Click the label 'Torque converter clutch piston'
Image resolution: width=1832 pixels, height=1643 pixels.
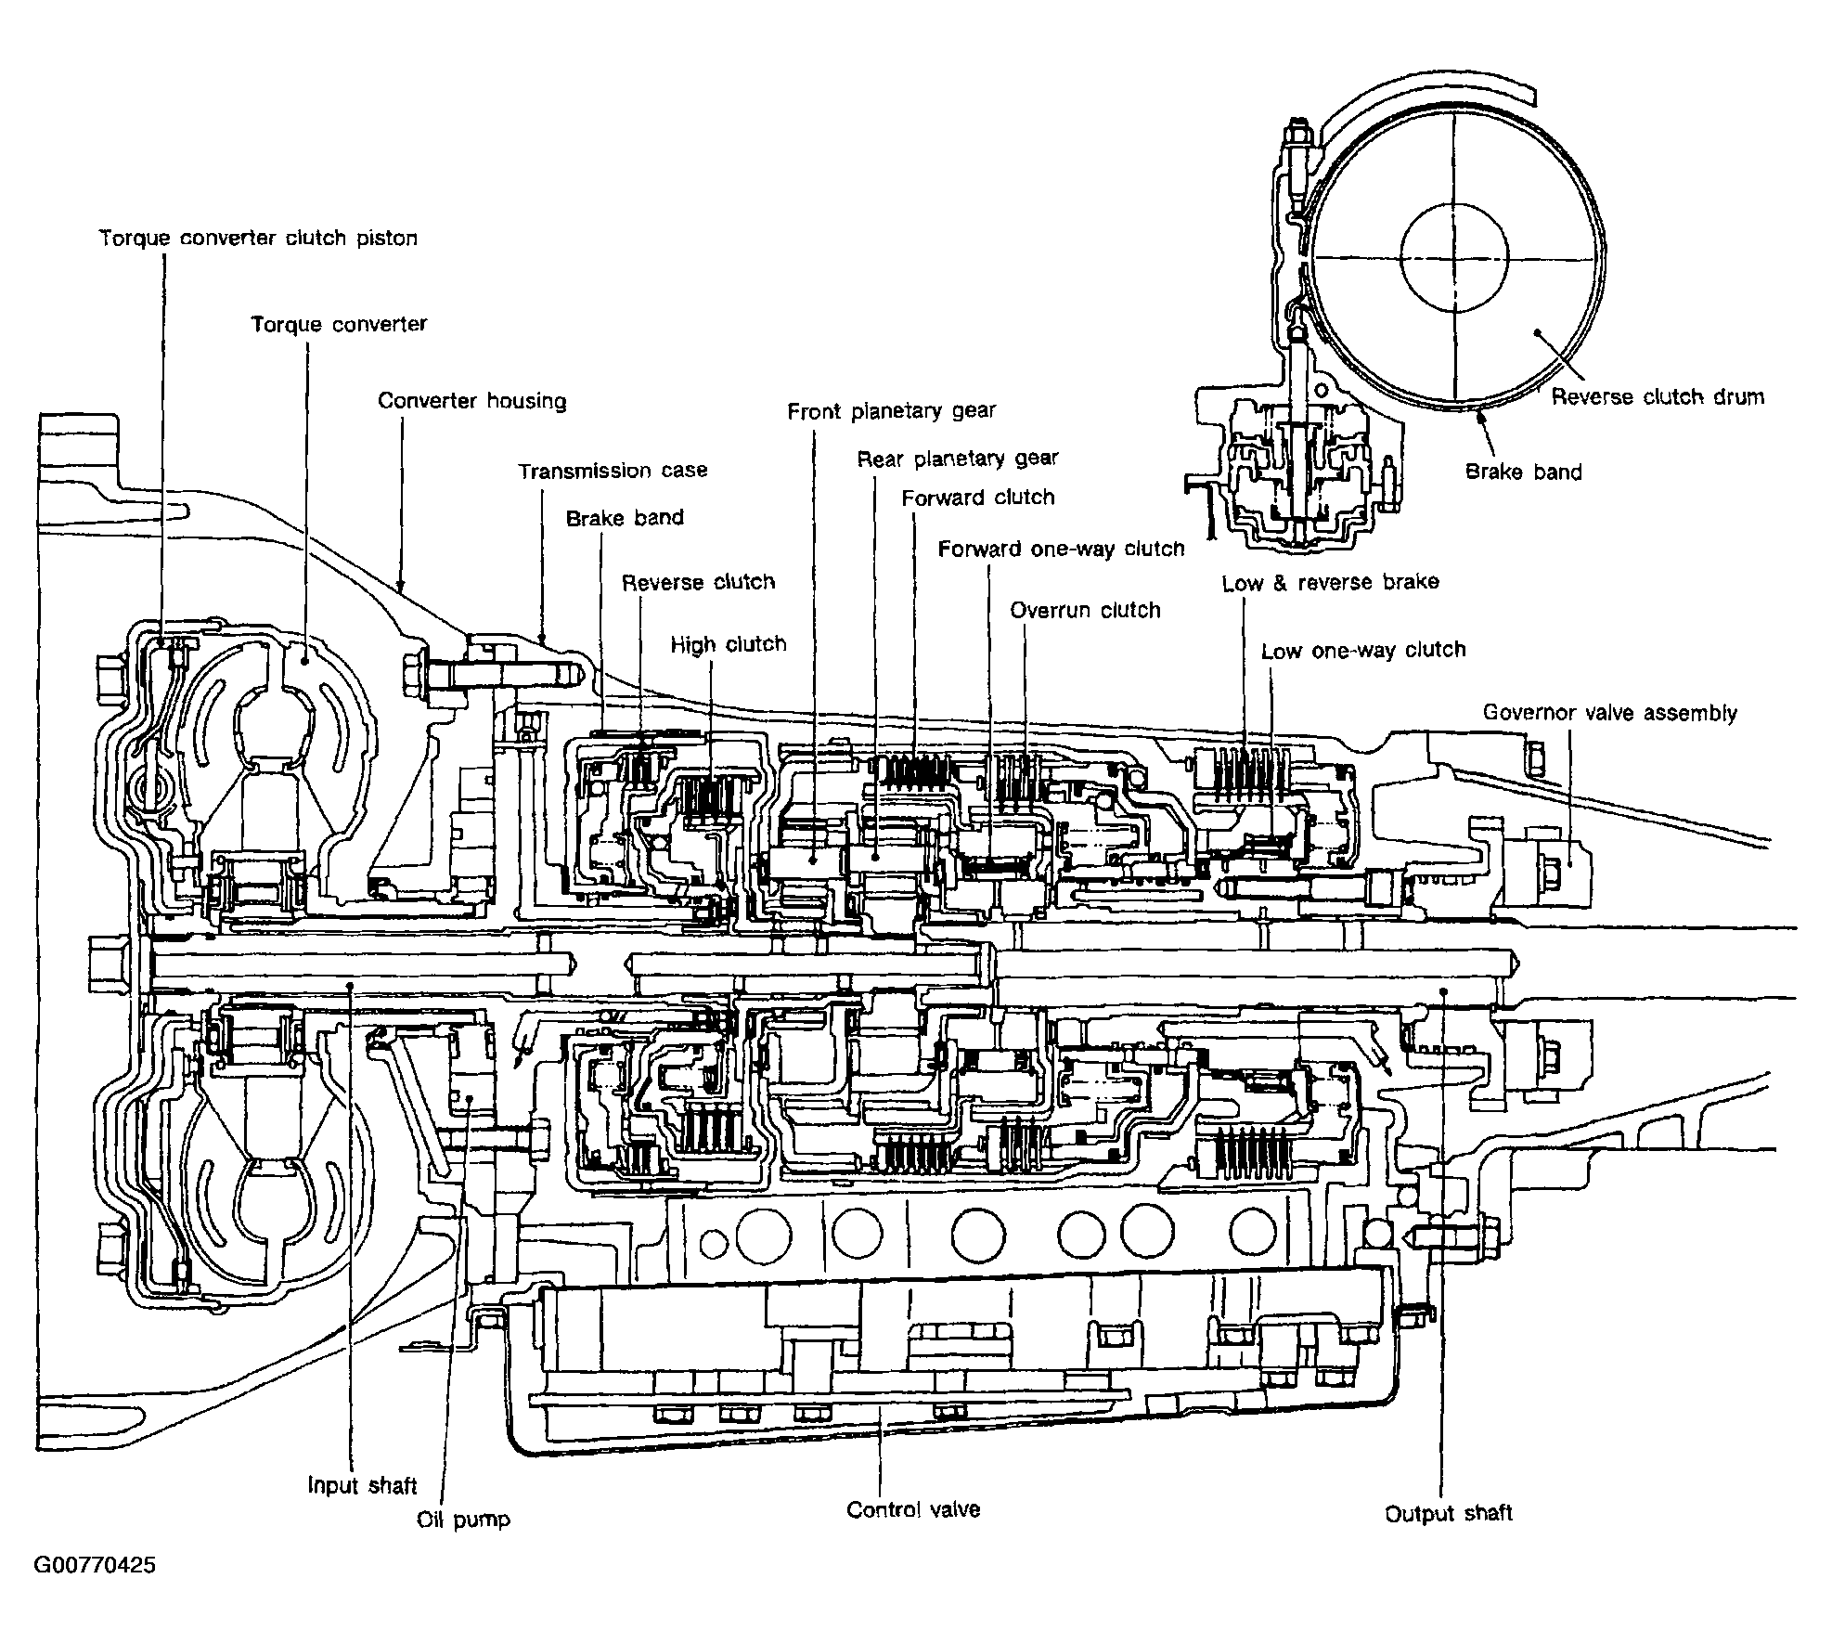pyautogui.click(x=259, y=239)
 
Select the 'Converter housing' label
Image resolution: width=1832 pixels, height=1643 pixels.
pyautogui.click(x=472, y=401)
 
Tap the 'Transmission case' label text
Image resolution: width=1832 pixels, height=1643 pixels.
pyautogui.click(x=613, y=471)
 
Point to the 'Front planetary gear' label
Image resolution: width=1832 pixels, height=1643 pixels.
pyautogui.click(x=892, y=411)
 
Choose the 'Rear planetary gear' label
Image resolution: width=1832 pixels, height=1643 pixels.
pyautogui.click(x=958, y=459)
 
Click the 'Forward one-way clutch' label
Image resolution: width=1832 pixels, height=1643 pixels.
pyautogui.click(x=1062, y=549)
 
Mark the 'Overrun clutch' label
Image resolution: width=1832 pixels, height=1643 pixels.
pyautogui.click(x=1086, y=611)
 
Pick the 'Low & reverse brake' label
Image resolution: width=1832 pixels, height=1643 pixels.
pyautogui.click(x=1331, y=583)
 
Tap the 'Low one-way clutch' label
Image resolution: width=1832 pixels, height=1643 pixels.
pyautogui.click(x=1363, y=650)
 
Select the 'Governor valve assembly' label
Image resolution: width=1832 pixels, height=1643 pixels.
pyautogui.click(x=1610, y=713)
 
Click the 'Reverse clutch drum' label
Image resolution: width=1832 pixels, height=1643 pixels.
pyautogui.click(x=1658, y=397)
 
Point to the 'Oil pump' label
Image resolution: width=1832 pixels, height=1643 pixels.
pyautogui.click(x=464, y=1520)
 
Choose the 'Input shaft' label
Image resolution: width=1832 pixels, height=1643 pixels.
pyautogui.click(x=363, y=1486)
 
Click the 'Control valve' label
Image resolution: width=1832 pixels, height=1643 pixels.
pyautogui.click(x=913, y=1509)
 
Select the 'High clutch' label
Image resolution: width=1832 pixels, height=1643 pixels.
pyautogui.click(x=729, y=644)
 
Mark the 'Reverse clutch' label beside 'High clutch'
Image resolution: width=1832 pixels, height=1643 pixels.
pyautogui.click(x=698, y=582)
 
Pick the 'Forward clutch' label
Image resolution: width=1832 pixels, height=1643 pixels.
pyautogui.click(x=978, y=498)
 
